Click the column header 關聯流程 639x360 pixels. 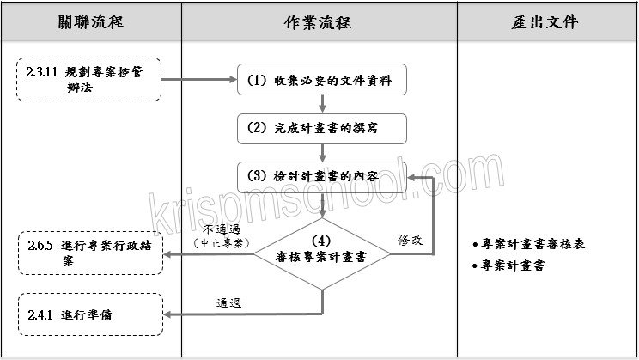91,21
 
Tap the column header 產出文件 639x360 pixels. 548,21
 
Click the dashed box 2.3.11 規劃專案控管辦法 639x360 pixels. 89,80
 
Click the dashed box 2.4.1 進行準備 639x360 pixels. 89,314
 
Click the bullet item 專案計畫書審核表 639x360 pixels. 532,244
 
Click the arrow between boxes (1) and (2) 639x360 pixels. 322,104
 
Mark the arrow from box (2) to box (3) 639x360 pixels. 322,151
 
